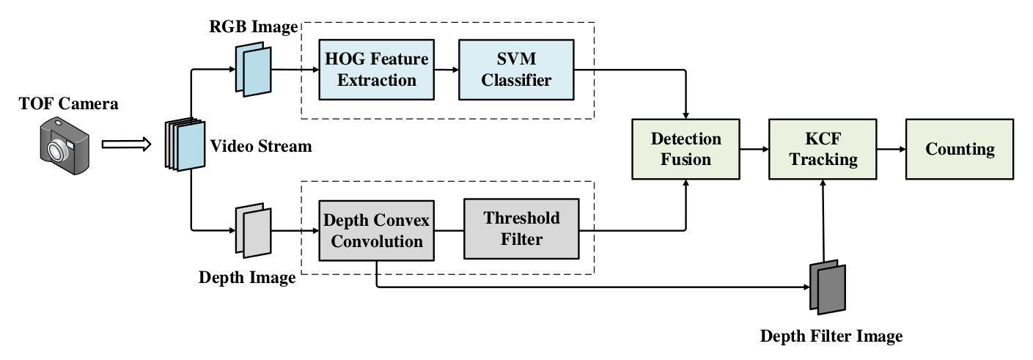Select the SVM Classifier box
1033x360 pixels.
[x=515, y=70]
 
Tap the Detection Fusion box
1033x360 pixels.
[x=686, y=149]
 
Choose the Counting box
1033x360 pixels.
[x=960, y=149]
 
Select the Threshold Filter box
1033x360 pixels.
[x=521, y=227]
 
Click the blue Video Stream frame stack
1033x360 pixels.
[x=184, y=145]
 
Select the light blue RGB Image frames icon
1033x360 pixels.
[x=254, y=70]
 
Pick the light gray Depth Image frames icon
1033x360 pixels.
[x=254, y=230]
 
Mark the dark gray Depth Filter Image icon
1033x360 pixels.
[x=828, y=287]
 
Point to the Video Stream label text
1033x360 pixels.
[x=261, y=147]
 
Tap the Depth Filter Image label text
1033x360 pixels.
[x=831, y=337]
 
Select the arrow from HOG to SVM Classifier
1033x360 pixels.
[x=445, y=70]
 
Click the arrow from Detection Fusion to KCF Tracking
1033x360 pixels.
[x=754, y=149]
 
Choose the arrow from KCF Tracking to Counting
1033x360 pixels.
[x=892, y=149]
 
